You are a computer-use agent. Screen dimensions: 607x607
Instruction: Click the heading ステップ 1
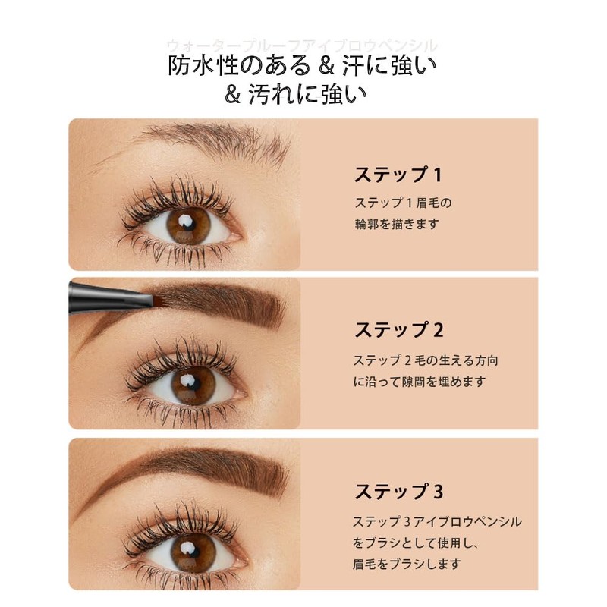(398, 175)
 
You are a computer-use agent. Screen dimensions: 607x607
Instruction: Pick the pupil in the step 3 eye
(187, 548)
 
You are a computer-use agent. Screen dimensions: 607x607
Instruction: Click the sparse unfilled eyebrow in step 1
(220, 140)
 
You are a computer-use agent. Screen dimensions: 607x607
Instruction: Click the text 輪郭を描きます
(396, 225)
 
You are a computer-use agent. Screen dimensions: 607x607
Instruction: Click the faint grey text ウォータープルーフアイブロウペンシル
(302, 46)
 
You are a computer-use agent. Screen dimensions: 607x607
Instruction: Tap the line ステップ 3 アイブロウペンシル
(438, 522)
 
